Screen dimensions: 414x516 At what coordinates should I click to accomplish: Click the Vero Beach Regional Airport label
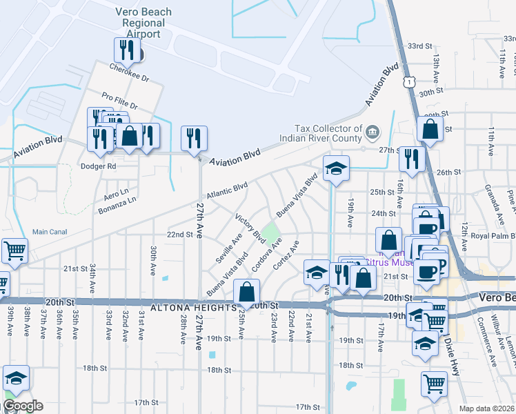pyautogui.click(x=143, y=23)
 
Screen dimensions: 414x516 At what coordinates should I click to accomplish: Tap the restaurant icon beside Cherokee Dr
pyautogui.click(x=126, y=50)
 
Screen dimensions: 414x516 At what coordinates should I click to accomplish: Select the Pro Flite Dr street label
pyautogui.click(x=119, y=101)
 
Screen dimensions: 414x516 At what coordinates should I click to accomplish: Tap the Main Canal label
pyautogui.click(x=50, y=231)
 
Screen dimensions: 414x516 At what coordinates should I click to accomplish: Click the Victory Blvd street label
pyautogui.click(x=250, y=228)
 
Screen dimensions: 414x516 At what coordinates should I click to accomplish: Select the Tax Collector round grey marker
pyautogui.click(x=373, y=131)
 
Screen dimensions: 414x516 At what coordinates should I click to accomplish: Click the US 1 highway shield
pyautogui.click(x=410, y=82)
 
